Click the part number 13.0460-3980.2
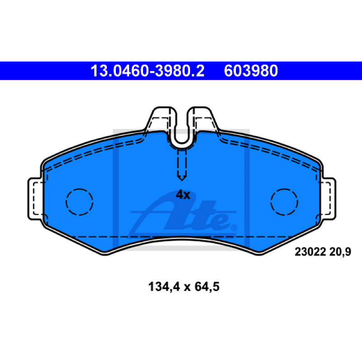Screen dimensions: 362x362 148,71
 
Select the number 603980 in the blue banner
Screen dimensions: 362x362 251,71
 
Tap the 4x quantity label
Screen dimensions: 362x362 183,195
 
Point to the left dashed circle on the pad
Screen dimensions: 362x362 80,202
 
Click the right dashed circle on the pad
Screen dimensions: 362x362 284,202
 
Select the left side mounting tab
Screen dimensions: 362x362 35,199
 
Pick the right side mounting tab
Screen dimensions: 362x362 328,199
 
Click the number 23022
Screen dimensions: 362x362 310,252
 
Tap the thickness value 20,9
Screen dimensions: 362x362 340,252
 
